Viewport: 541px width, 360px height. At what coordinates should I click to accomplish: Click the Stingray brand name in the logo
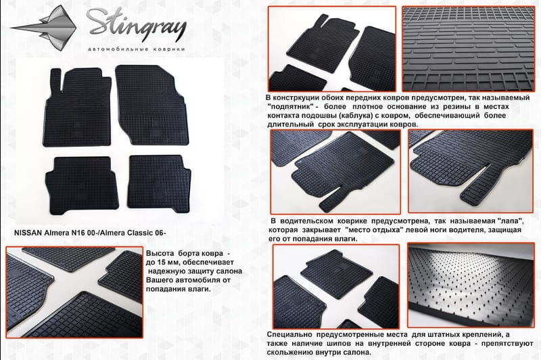[x=137, y=25]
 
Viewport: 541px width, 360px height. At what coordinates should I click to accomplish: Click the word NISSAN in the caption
[x=28, y=233]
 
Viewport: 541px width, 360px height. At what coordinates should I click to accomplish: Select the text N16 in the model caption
[x=78, y=233]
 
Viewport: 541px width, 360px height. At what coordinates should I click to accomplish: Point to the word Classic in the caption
[x=140, y=233]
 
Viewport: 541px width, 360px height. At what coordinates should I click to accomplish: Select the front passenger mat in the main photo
[x=151, y=105]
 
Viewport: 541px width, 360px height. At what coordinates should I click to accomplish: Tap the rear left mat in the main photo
[x=82, y=185]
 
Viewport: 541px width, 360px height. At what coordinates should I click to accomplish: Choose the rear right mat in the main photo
[x=159, y=183]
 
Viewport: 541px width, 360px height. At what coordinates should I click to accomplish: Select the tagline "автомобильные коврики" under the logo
[x=137, y=49]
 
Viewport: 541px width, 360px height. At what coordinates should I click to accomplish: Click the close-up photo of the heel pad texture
[x=468, y=49]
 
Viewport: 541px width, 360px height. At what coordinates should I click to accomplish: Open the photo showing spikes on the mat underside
[x=471, y=285]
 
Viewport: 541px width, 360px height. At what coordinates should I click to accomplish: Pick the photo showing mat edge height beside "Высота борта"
[x=74, y=292]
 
